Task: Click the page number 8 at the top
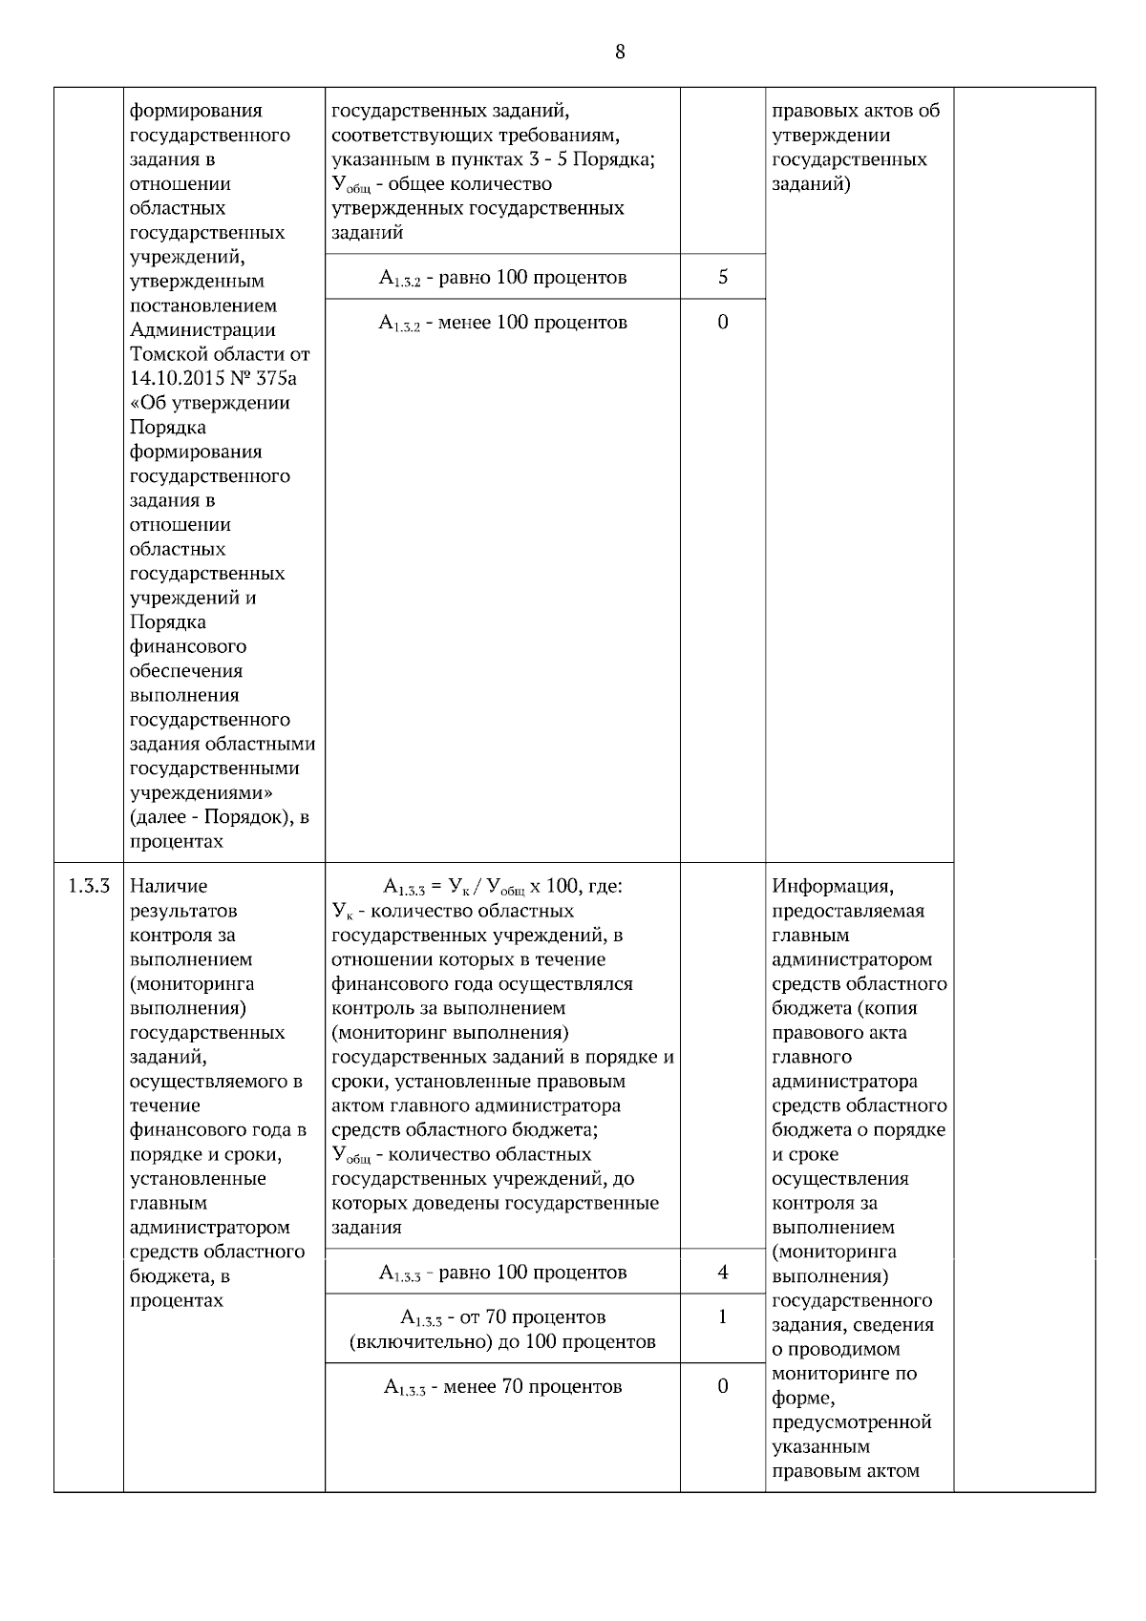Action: tap(620, 52)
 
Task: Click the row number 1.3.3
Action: tap(89, 886)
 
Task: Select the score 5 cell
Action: tap(722, 277)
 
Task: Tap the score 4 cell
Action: tap(722, 1272)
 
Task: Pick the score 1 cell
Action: tap(722, 1316)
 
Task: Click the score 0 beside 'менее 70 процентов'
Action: tap(722, 1385)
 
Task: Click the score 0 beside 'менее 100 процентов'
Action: tap(722, 322)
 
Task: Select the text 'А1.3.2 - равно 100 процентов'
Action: tap(502, 278)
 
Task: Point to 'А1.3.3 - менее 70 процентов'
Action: tap(502, 1386)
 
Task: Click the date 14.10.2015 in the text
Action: tap(170, 378)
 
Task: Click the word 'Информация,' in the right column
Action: tap(833, 886)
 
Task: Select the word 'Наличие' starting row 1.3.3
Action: tap(168, 886)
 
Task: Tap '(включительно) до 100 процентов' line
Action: tap(502, 1341)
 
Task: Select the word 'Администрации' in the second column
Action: tap(202, 330)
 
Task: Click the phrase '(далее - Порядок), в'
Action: tap(219, 817)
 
